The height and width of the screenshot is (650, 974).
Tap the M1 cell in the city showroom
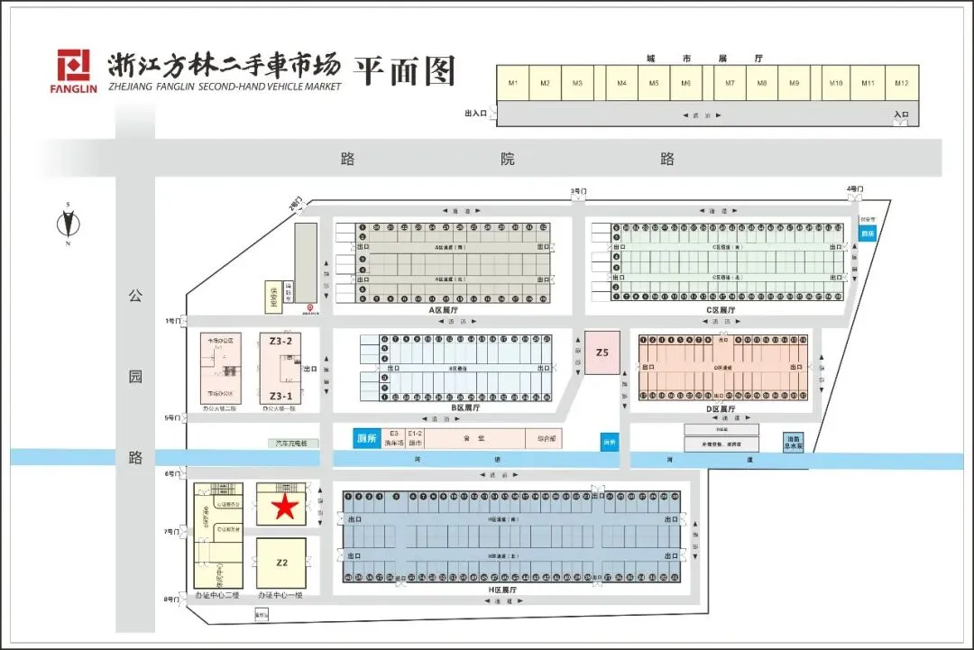click(513, 83)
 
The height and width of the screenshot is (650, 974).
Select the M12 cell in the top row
click(901, 83)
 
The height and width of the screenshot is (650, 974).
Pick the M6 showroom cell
click(686, 83)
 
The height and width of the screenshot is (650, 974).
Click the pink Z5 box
click(602, 353)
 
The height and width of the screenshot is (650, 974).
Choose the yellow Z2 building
click(281, 563)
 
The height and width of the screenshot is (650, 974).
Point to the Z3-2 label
click(281, 342)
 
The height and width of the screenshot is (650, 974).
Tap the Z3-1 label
click(281, 396)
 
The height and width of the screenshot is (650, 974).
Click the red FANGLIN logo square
click(75, 66)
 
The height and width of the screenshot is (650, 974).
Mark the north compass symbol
click(67, 224)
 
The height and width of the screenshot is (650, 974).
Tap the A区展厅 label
click(446, 310)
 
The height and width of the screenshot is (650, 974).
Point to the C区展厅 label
click(721, 310)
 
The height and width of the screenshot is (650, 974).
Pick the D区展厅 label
click(721, 409)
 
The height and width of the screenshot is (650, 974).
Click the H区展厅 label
click(505, 589)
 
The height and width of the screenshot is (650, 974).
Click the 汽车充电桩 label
click(293, 444)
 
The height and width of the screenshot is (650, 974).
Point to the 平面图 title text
click(403, 70)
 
